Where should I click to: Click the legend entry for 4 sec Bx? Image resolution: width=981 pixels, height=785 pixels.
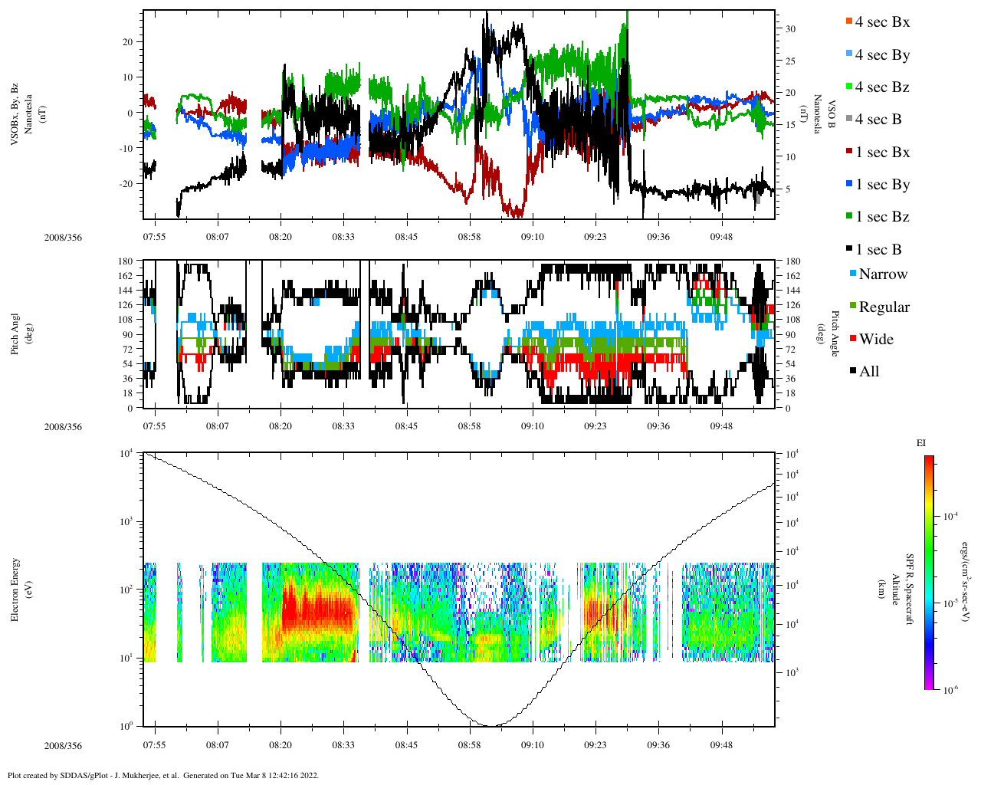tap(881, 22)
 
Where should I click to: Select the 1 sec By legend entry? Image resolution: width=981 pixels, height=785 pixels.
tap(881, 185)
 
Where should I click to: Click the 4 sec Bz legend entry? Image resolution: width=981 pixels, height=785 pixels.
tap(881, 87)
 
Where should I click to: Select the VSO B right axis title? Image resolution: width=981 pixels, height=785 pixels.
tap(823, 114)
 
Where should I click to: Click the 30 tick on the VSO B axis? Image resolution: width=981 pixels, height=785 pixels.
tap(789, 29)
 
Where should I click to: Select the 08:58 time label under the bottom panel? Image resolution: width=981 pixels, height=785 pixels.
tap(470, 745)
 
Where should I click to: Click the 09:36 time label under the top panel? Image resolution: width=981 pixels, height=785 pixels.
tap(658, 237)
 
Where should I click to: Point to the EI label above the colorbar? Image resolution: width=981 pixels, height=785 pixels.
tap(921, 443)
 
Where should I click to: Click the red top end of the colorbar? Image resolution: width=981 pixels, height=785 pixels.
tap(929, 458)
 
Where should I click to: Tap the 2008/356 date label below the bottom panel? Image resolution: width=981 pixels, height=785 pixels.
tap(63, 746)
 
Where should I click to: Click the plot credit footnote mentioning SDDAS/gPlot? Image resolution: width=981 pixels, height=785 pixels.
tap(162, 775)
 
